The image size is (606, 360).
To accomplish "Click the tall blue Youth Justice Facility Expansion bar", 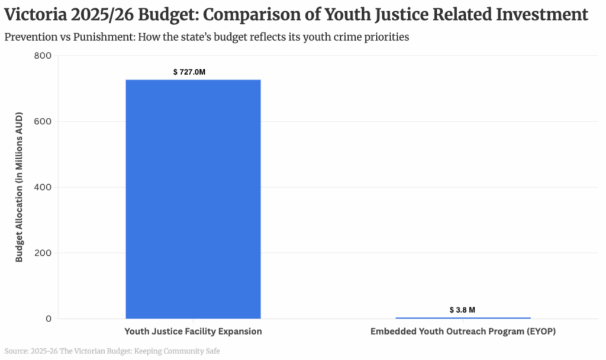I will [x=193, y=199].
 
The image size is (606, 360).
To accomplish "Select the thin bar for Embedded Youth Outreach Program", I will [x=463, y=318].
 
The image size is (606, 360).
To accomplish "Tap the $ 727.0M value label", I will [x=193, y=72].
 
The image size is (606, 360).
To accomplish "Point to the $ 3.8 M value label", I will [x=463, y=310].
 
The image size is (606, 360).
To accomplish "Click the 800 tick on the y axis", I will [x=45, y=56].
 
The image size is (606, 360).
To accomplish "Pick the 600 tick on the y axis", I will [x=45, y=121].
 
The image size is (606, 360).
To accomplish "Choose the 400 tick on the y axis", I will [x=45, y=187].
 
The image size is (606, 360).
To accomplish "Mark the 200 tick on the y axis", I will [x=45, y=253].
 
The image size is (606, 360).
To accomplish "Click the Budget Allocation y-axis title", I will [x=20, y=187].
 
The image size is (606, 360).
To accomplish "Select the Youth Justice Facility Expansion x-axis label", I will [x=193, y=331].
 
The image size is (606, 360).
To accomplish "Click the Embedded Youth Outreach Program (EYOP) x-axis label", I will [x=463, y=331].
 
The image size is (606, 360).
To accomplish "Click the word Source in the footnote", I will [x=17, y=351].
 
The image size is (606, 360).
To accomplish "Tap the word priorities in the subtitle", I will [x=388, y=37].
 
